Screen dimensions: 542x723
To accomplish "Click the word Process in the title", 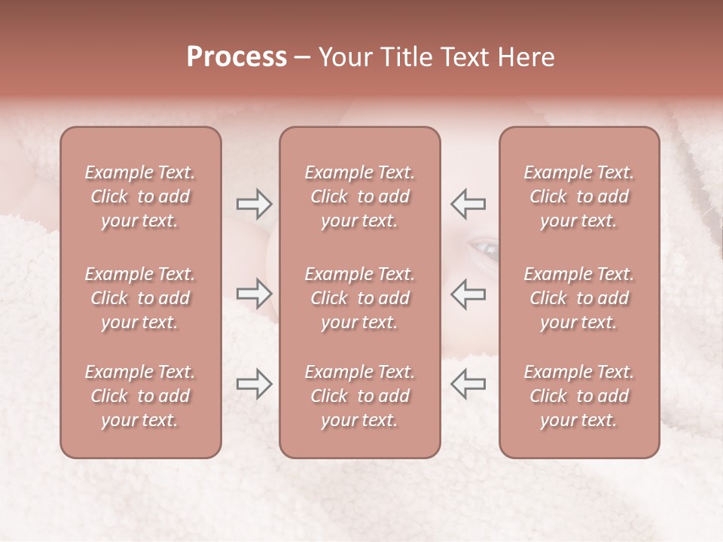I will (x=236, y=57).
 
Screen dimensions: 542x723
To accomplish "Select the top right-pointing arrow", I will (x=255, y=203).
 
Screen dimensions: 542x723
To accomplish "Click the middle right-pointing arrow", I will (x=255, y=293).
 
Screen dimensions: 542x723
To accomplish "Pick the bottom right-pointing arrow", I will (x=255, y=384).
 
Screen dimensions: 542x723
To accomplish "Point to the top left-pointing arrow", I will (x=468, y=203).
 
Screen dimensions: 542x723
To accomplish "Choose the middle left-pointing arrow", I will (x=468, y=293).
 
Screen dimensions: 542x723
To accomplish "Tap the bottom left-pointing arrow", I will (x=468, y=384).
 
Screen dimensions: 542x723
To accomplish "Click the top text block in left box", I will (x=140, y=196).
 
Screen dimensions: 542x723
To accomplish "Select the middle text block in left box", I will (x=140, y=298).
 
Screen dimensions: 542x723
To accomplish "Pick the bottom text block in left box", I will (x=140, y=396).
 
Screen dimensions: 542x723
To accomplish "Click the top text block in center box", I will (x=359, y=196).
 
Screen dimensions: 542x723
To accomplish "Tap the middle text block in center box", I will (x=359, y=298).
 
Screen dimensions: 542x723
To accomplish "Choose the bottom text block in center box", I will (x=359, y=396).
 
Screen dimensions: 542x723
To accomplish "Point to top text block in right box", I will (x=578, y=196).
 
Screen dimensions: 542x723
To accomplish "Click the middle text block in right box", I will (x=578, y=298).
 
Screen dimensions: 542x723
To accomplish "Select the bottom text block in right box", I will (x=578, y=396).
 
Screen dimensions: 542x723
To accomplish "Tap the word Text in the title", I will (x=459, y=57).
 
